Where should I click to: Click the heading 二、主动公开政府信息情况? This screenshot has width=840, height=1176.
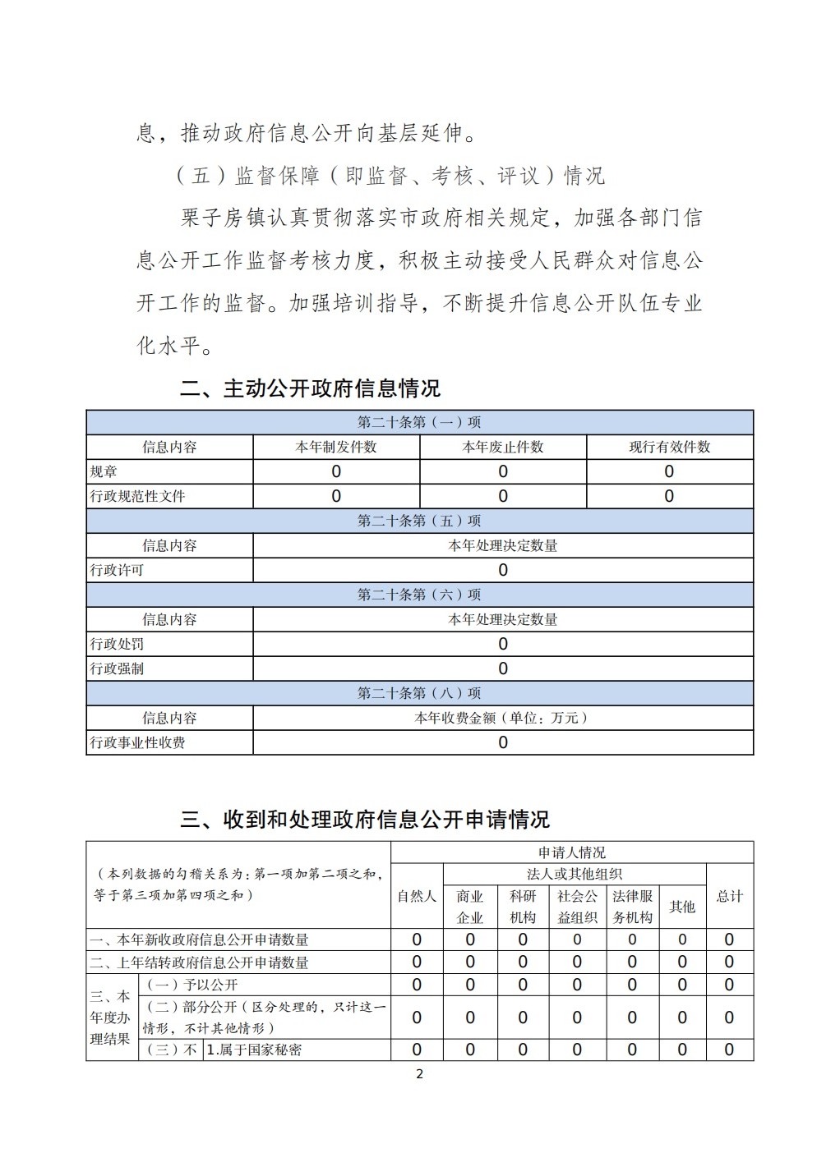click(310, 388)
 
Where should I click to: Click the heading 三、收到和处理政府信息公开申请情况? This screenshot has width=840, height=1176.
click(365, 819)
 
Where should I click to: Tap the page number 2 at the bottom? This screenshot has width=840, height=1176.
click(420, 1074)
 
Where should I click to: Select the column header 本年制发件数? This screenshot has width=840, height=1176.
click(336, 447)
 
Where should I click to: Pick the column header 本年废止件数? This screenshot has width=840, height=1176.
click(503, 447)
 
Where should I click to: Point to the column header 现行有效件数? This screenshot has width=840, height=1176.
click(670, 447)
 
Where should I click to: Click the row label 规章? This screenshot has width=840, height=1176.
click(104, 471)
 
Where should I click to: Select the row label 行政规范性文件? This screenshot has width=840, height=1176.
click(137, 496)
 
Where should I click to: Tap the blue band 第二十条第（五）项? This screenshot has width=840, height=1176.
click(419, 521)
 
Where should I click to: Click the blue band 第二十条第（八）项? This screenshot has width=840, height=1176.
click(419, 693)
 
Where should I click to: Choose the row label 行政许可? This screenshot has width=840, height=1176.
click(117, 570)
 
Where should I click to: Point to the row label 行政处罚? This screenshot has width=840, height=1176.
click(117, 644)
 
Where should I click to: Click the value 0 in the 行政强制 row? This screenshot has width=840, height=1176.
click(503, 668)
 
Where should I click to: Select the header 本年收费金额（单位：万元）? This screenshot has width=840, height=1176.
click(503, 718)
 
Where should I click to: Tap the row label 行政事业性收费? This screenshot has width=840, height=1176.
click(137, 742)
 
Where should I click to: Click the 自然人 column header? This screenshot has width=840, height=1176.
click(417, 896)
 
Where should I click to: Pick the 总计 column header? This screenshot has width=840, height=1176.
click(729, 896)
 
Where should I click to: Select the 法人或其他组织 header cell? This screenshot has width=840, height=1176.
click(575, 874)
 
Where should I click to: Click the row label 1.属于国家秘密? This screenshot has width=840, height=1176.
click(254, 1050)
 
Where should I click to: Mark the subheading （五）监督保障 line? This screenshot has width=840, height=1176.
click(390, 176)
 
